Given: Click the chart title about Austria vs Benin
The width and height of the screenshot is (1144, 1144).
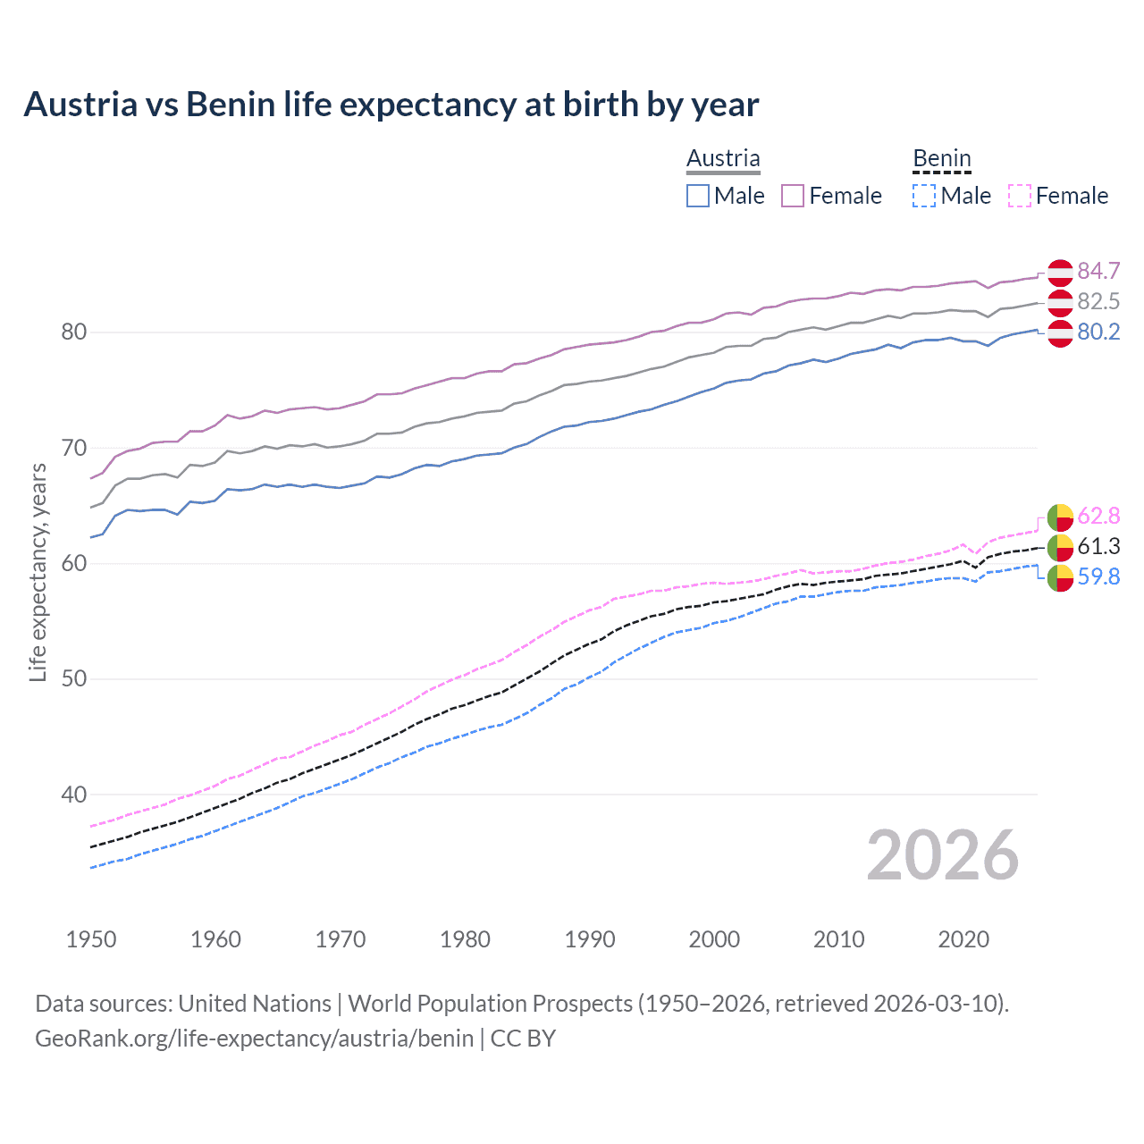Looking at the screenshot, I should pos(391,105).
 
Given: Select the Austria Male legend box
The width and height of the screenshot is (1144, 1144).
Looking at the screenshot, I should pos(698,196).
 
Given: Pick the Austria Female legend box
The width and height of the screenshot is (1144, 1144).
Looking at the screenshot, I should pos(793,196).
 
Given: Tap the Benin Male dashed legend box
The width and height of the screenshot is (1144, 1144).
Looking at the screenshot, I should pos(924,196).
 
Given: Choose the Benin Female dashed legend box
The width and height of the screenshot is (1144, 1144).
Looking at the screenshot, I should pos(1020,196).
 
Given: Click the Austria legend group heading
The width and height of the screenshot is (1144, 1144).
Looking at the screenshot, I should pos(723,158).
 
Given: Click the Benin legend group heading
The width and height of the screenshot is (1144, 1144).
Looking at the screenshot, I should pos(941,158).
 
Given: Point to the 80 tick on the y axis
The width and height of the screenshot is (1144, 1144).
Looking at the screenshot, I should pos(73,332).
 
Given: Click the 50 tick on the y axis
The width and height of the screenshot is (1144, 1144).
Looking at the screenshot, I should pos(73,678).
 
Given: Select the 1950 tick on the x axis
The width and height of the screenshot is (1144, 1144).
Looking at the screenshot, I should pos(91,939).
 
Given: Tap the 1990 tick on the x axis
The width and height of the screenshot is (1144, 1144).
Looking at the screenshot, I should pos(590,939).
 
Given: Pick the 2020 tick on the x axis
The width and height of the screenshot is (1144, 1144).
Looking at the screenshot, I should pos(963,939).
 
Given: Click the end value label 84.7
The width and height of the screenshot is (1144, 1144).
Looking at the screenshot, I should pos(1098,271).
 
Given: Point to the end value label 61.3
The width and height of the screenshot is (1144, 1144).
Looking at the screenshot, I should pos(1098,546).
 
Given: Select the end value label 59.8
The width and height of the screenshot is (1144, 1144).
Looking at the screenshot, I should pos(1098,576).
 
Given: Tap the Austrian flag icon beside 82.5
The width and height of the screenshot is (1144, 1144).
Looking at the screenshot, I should pos(1060,302).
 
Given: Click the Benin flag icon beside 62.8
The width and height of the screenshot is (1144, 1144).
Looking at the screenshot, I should pos(1060,517).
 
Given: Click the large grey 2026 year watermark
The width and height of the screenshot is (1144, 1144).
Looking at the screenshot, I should pos(942,855).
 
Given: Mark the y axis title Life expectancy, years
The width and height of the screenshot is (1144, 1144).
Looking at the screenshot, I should pos(38,572).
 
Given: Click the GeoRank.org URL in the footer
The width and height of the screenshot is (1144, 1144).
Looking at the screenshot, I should pos(254,1039).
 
